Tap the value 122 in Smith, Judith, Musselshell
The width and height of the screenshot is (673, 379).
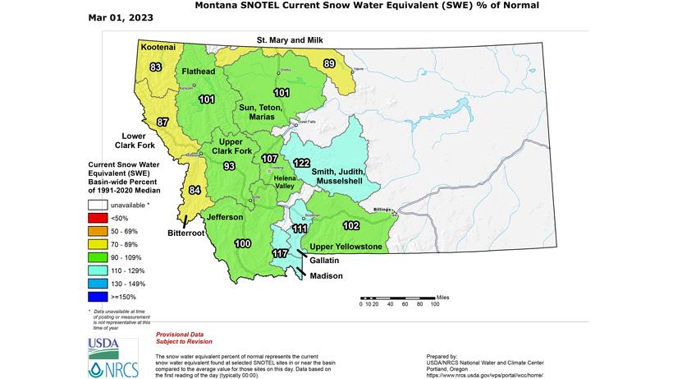point(301,163)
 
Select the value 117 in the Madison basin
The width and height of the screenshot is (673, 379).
point(279,253)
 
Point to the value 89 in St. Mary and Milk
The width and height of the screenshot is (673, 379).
point(329,63)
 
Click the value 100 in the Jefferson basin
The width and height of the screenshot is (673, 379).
point(243,244)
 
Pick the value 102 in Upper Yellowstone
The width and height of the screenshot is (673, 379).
point(351,224)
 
